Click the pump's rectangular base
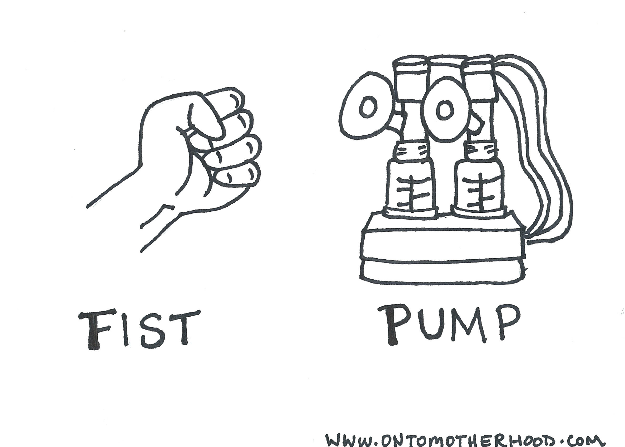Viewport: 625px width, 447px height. pyautogui.click(x=443, y=248)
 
